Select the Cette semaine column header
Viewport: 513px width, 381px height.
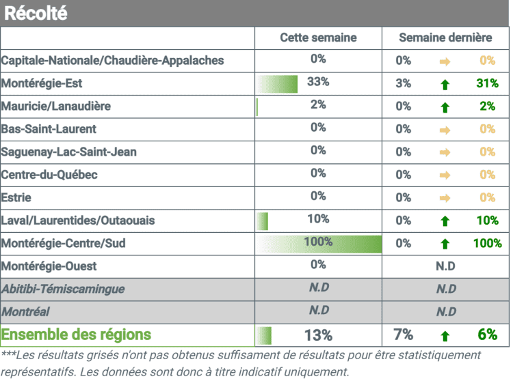pos(318,38)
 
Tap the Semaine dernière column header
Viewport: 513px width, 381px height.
pos(445,38)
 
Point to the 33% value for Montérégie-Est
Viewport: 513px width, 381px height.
pos(318,82)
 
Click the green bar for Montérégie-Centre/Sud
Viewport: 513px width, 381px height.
pos(319,244)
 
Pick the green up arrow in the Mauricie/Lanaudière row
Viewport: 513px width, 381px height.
pos(445,107)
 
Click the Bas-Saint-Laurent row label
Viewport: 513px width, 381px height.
pos(49,129)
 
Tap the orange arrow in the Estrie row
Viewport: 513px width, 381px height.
pos(445,198)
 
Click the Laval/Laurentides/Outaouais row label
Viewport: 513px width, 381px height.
pos(78,221)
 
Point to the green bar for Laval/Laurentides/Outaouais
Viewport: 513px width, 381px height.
pos(262,221)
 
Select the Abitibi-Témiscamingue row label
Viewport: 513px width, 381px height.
pos(63,289)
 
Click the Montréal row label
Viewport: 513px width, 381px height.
pos(25,312)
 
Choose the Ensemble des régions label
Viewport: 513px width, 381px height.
pos(76,335)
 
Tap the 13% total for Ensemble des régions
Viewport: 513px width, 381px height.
pos(318,335)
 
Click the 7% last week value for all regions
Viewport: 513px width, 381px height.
pos(403,335)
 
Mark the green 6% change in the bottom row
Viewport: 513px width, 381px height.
pos(487,335)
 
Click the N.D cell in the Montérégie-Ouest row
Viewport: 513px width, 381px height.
pos(445,266)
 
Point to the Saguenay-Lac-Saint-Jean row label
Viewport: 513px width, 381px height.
pos(68,152)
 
